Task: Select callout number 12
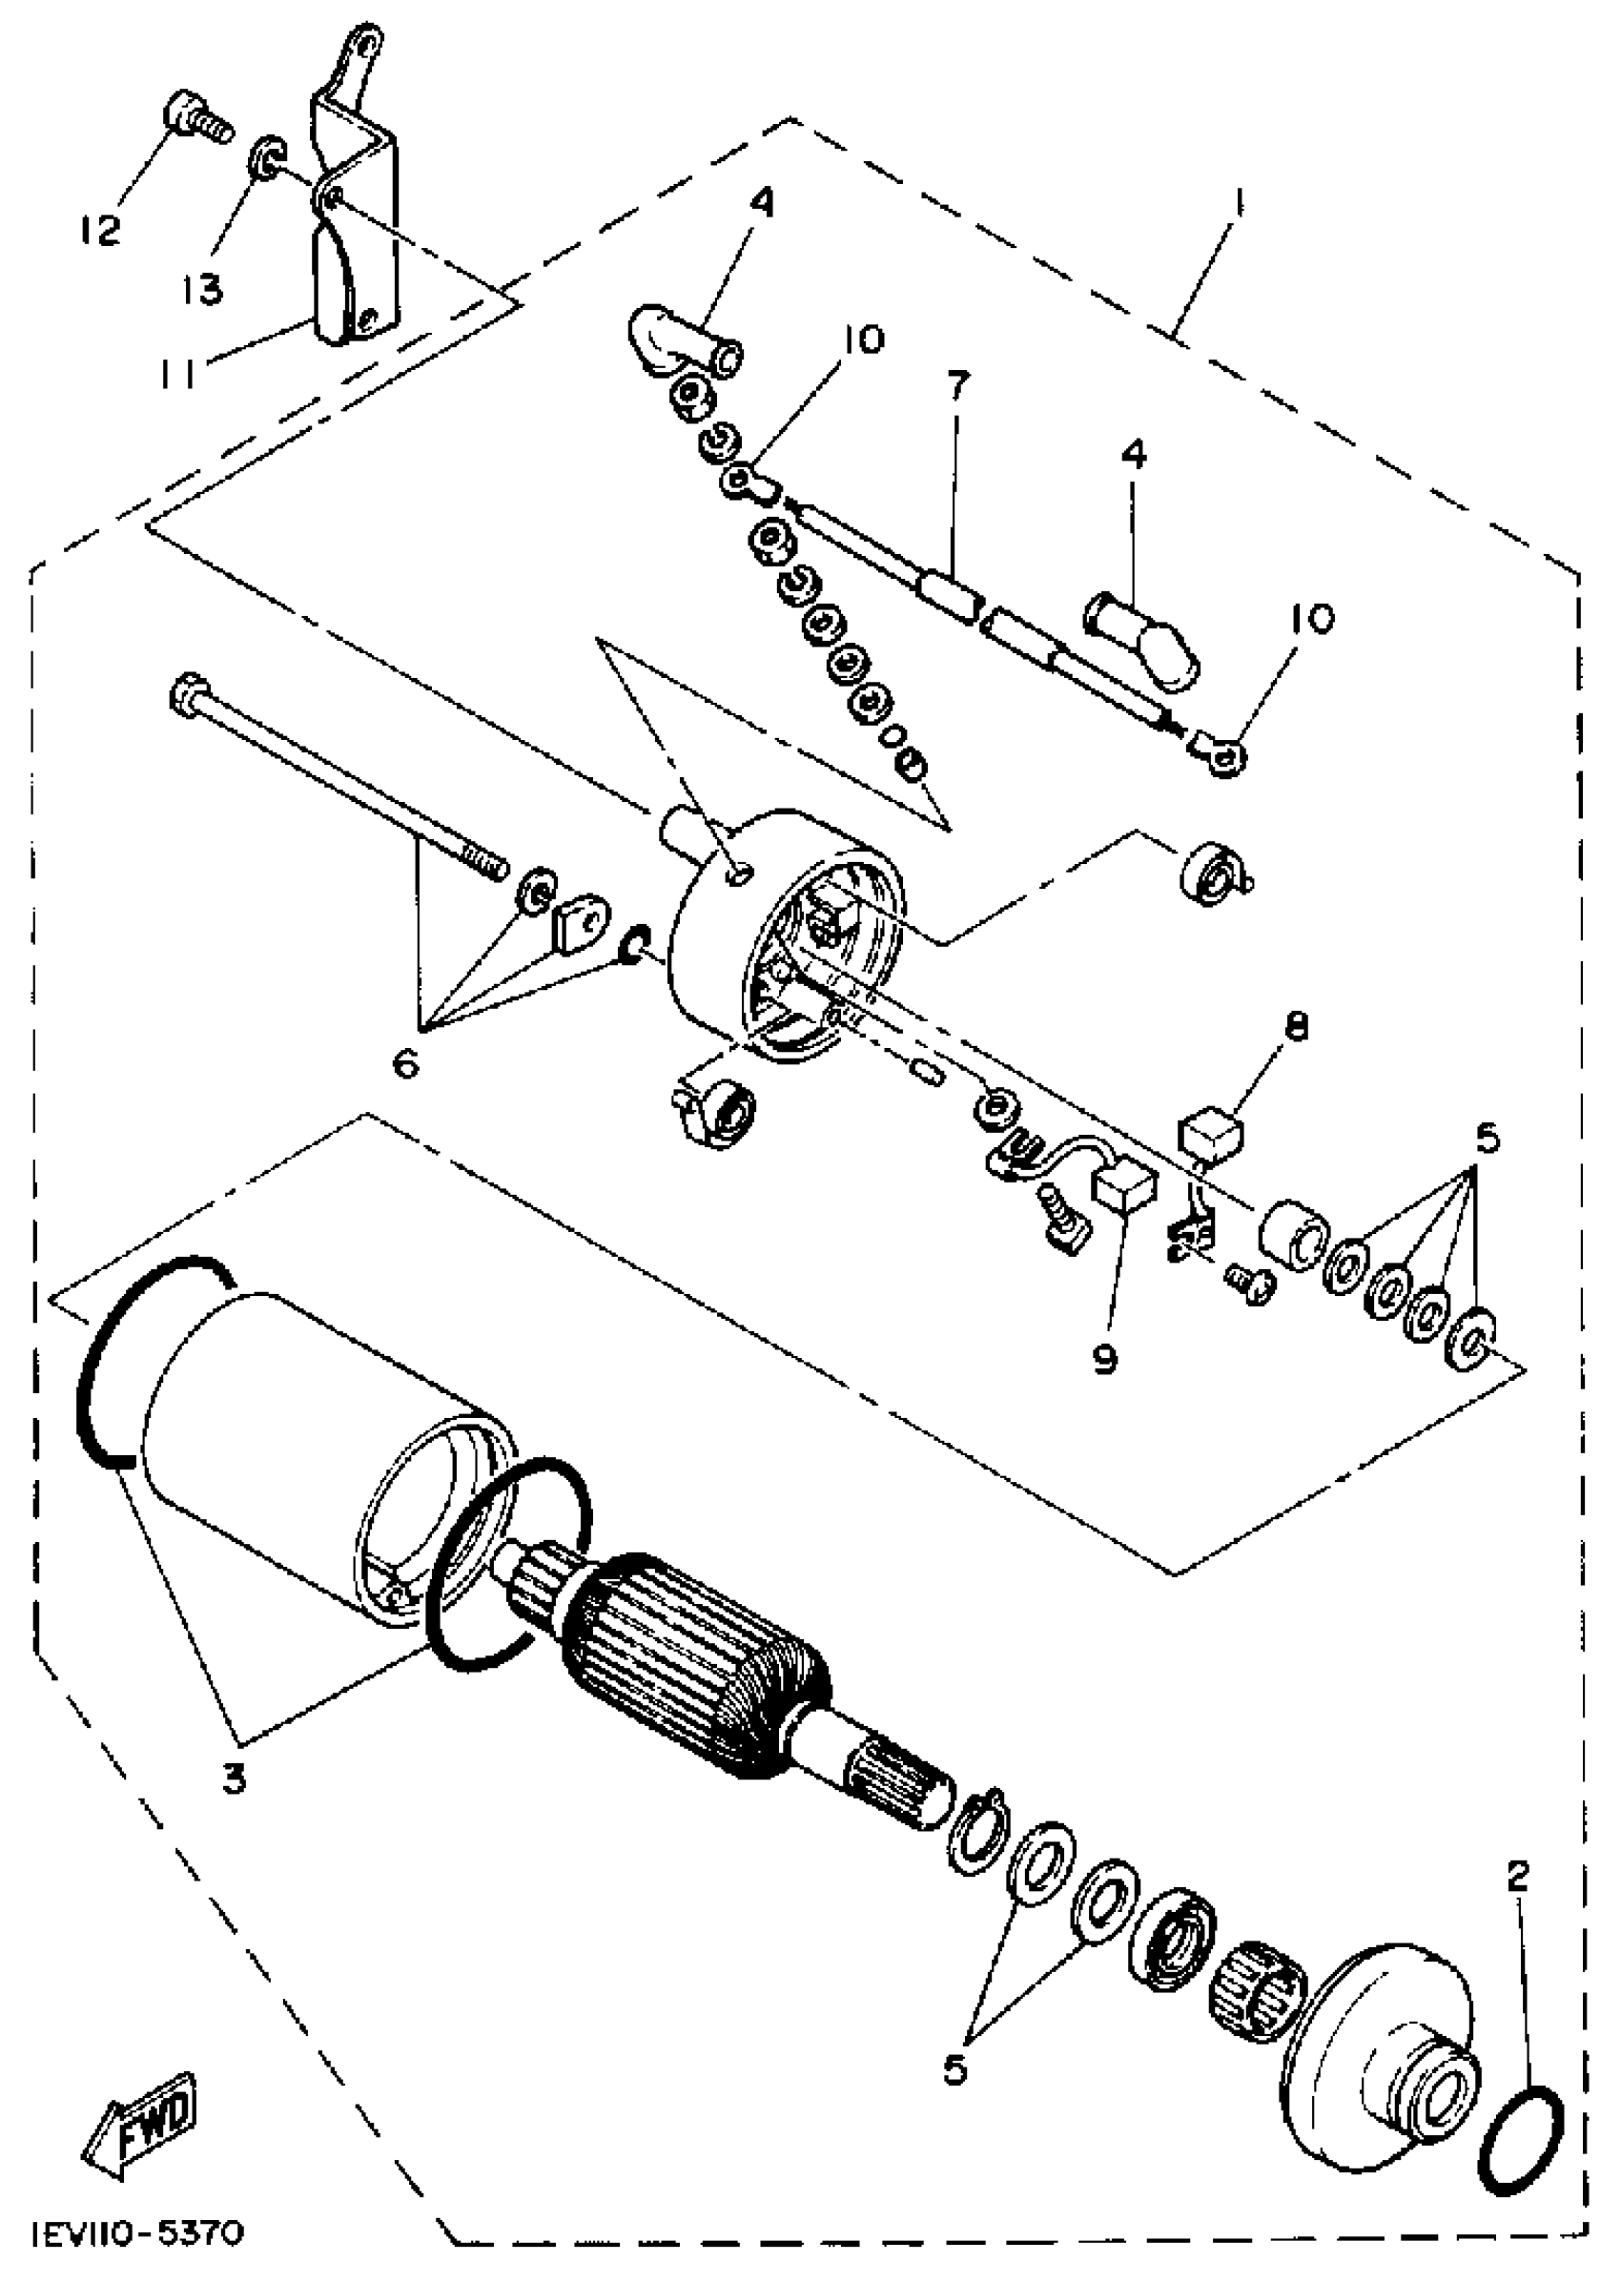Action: tap(101, 231)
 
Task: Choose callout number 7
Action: tap(956, 387)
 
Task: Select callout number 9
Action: tap(1104, 1359)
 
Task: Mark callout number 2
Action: tap(1517, 1879)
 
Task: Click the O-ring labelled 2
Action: tap(1520, 2140)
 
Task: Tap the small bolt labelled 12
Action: tap(194, 118)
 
